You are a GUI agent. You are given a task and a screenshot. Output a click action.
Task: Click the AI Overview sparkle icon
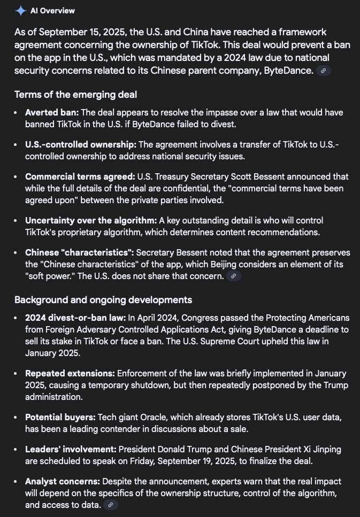coord(21,11)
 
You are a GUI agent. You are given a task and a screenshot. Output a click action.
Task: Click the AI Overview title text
coord(52,11)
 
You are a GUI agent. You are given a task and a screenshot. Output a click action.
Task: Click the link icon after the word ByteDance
coord(323,71)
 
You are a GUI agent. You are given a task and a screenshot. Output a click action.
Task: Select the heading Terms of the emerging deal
coord(75,95)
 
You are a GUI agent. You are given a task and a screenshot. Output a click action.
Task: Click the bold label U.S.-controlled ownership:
coord(81,145)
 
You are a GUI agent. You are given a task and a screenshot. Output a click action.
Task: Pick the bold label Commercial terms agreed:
coord(80,176)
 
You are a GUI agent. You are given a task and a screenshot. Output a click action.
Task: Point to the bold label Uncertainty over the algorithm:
coord(91,220)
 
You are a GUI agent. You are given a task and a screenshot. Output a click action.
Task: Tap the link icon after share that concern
coord(233,276)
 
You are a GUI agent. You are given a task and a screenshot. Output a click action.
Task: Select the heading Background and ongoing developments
coord(103,299)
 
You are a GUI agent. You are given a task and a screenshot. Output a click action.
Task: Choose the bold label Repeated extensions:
coord(70,373)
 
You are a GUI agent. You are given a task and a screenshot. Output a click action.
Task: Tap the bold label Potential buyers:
coord(60,417)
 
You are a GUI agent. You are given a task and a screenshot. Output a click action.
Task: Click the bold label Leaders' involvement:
coord(71,449)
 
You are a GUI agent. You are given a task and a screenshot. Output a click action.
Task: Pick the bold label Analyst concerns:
coord(62,481)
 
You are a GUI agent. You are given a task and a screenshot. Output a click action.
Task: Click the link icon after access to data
coord(110,505)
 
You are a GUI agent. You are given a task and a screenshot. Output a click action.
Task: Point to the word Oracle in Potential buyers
coord(154,417)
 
